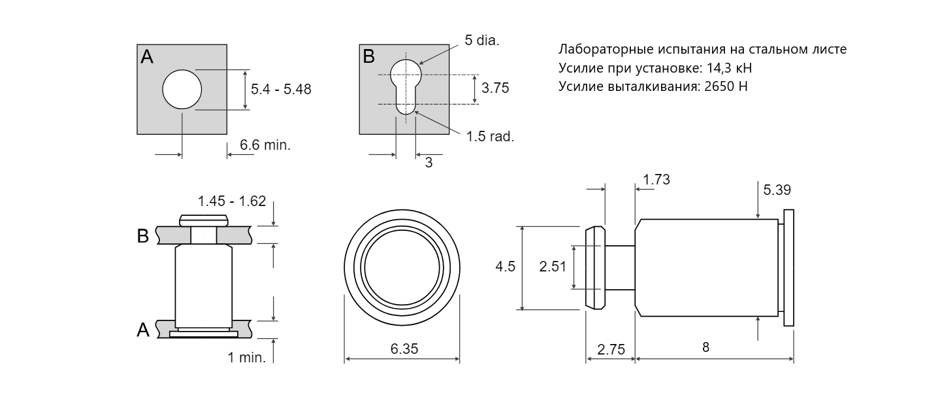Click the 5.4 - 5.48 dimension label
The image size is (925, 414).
281,90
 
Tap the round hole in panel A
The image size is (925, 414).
182,90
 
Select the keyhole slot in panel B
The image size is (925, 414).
406,87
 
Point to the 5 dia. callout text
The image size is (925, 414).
482,41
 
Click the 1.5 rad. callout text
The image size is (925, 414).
490,137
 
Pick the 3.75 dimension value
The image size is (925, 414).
495,88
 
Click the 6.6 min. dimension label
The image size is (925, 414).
265,145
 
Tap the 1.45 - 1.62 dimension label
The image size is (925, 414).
232,201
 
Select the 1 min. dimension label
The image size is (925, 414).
246,357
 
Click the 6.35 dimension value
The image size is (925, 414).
404,349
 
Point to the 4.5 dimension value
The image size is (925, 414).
506,267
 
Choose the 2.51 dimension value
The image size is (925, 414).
553,267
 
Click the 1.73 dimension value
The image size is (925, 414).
657,179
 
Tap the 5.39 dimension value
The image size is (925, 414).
777,190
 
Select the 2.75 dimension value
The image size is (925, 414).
611,349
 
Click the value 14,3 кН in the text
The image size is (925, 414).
729,68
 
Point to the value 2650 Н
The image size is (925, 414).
726,86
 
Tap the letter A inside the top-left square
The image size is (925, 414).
147,57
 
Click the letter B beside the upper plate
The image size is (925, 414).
143,235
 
